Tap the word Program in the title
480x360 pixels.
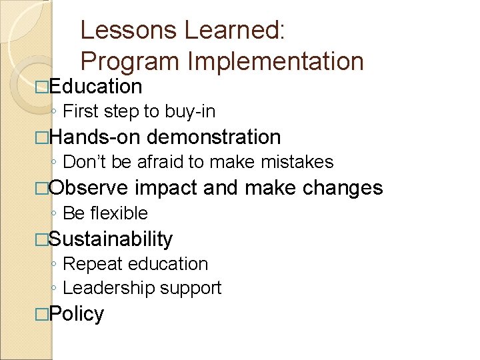click(131, 61)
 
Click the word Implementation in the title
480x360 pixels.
click(276, 61)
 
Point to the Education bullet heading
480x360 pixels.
click(95, 87)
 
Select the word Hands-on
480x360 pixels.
click(94, 137)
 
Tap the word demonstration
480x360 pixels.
click(213, 137)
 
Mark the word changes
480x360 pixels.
click(343, 188)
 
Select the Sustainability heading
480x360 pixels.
click(111, 239)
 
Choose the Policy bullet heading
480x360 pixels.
click(76, 314)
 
